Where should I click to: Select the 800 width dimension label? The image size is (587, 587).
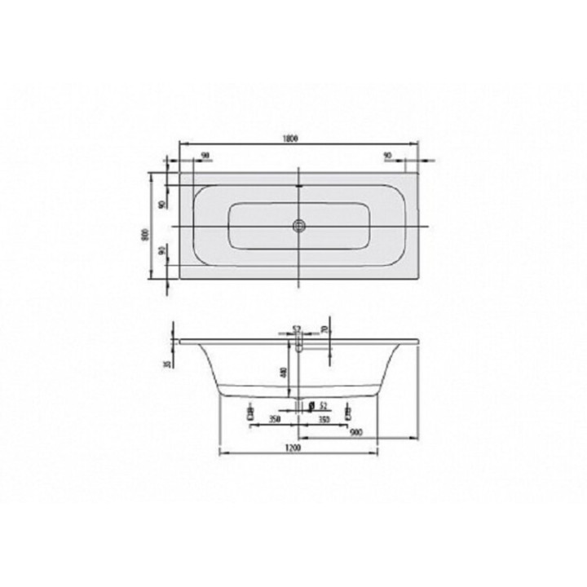pos(143,233)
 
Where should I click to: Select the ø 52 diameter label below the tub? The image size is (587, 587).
pos(319,405)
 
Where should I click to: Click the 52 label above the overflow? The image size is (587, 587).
pos(298,329)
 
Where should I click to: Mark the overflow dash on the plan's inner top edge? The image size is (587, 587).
pos(299,187)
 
